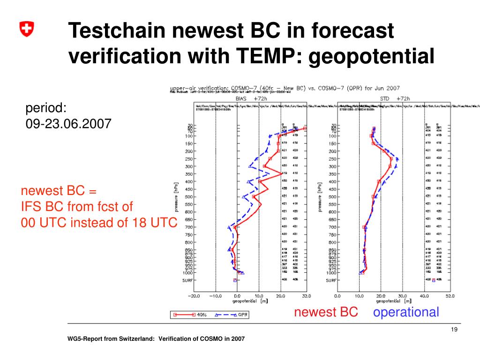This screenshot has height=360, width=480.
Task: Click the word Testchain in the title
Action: [x=120, y=32]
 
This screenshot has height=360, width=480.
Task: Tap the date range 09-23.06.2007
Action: [x=68, y=124]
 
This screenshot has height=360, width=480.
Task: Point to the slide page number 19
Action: [x=453, y=330]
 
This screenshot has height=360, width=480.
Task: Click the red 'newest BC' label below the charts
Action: [x=326, y=312]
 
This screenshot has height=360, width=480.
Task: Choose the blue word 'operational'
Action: [x=406, y=312]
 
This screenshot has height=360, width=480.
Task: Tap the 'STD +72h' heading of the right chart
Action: [x=395, y=99]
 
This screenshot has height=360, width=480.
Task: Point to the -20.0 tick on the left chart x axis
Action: [x=194, y=296]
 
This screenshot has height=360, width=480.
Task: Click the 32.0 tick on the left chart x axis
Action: [x=306, y=296]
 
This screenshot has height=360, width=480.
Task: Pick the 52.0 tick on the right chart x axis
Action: [x=450, y=296]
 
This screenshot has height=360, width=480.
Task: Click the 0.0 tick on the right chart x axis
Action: [x=337, y=296]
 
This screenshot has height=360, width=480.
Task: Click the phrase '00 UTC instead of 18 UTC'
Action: [x=98, y=223]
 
